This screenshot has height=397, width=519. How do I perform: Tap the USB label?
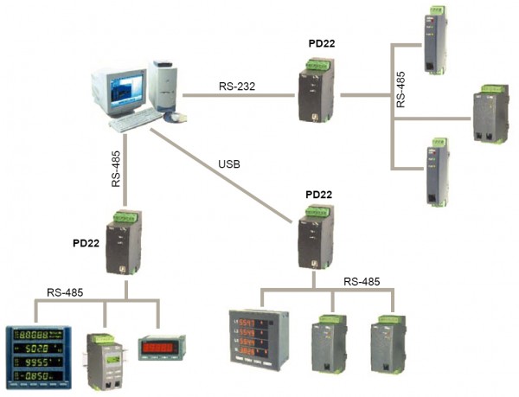229,163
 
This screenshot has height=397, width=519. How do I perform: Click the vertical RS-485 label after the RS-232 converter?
400,88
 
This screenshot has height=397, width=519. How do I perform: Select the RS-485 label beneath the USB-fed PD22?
362,282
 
